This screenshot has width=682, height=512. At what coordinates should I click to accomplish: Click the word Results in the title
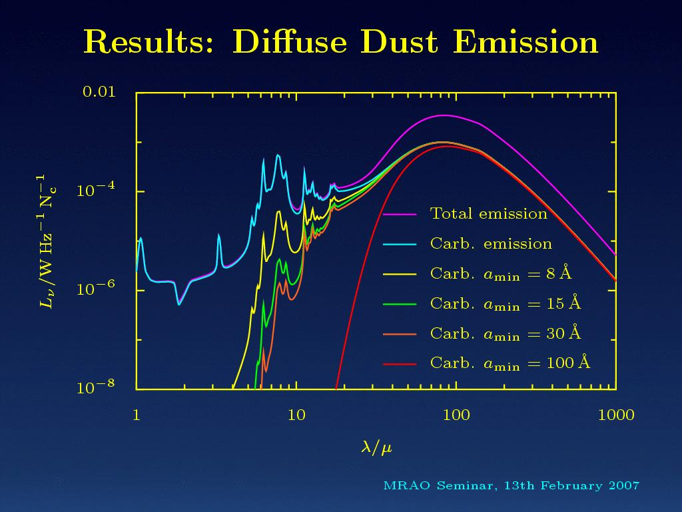coord(149,42)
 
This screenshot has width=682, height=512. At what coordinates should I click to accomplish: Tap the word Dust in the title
coord(400,42)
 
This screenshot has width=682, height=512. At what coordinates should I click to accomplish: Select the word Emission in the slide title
coord(526,42)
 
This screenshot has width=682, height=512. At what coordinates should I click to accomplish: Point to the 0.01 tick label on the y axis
coord(100,92)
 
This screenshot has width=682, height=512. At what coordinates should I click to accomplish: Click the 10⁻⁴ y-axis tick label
coord(96,189)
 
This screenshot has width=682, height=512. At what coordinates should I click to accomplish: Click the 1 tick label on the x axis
coord(137,415)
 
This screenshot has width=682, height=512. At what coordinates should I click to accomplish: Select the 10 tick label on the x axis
coord(296,415)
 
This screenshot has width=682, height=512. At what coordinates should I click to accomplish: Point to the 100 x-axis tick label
coord(456,415)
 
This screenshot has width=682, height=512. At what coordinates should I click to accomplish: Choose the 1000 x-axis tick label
coord(616,415)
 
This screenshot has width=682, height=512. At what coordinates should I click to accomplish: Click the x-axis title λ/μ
coord(377,447)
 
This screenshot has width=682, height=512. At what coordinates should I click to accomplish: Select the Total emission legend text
coord(488,213)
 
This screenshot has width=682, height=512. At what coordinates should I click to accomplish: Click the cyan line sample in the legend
coord(400,244)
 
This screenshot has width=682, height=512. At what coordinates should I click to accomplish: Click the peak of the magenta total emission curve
coord(443,115)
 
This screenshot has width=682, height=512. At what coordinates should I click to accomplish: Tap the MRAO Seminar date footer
coord(511,485)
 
